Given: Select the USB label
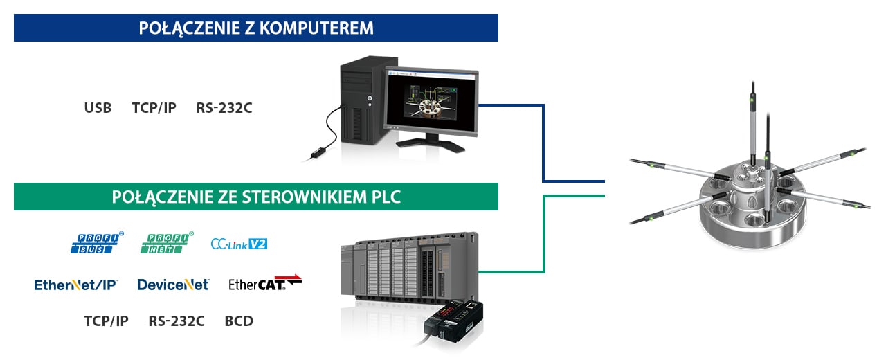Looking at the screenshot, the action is [x=98, y=107].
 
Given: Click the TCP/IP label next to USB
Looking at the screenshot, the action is [x=154, y=107].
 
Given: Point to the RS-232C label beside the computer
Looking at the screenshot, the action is [x=224, y=107].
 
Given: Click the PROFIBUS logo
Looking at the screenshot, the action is [x=97, y=242].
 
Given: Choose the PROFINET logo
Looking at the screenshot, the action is [x=167, y=242].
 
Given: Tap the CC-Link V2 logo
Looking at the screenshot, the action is [x=239, y=244].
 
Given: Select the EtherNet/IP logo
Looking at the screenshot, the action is [x=76, y=285].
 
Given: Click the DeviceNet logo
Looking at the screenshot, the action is [x=173, y=285].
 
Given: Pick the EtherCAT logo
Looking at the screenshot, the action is [x=265, y=283].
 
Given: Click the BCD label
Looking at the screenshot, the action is [x=239, y=321].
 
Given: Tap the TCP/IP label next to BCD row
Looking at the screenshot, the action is [x=106, y=321].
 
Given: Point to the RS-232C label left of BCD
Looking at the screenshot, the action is [x=177, y=321].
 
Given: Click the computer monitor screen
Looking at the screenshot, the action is [x=431, y=103].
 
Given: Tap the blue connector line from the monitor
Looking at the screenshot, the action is [x=543, y=143].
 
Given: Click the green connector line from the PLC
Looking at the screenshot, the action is [x=544, y=234].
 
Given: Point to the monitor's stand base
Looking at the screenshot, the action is [x=431, y=145].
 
